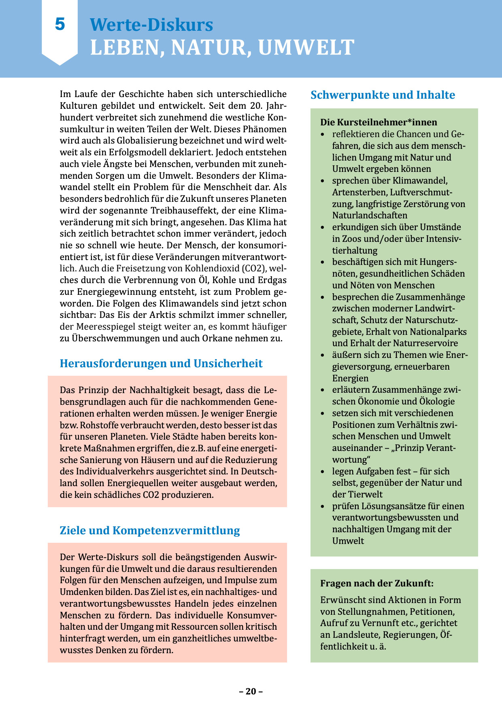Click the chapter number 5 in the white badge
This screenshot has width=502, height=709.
coord(60,24)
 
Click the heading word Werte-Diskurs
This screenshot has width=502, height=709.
coord(151,25)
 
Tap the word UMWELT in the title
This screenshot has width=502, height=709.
coord(306,47)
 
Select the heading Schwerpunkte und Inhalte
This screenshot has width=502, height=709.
coord(383,95)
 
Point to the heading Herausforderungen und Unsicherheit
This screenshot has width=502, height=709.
coord(161,364)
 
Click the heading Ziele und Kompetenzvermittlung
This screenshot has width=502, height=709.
coord(150,531)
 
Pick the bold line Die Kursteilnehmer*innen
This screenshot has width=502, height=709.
coord(379,122)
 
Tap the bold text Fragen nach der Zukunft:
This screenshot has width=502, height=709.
coord(376,583)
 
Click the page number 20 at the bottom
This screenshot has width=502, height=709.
coord(251,691)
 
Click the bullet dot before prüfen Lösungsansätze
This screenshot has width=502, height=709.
coord(323,506)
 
